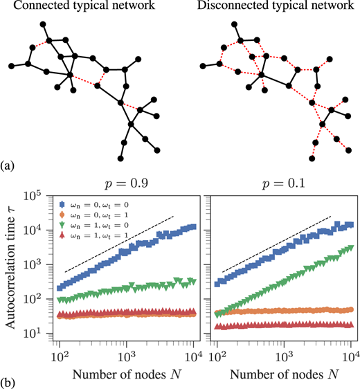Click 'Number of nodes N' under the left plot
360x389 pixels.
point(127,374)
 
